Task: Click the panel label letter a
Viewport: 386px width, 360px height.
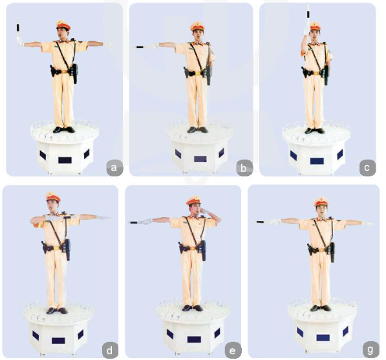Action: coord(114,168)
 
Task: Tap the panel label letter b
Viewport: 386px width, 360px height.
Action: coord(244,169)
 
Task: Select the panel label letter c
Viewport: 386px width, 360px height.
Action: coord(367,167)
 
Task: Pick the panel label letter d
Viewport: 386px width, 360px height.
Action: coord(109,350)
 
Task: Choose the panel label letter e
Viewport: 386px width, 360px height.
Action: coord(232,350)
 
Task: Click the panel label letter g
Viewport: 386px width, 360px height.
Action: coord(370,350)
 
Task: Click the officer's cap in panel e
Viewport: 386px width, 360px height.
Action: coord(193,200)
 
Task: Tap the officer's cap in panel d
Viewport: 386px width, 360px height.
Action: coord(52,197)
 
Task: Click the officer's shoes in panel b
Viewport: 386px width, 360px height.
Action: coord(197,130)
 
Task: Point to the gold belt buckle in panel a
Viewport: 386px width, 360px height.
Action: coord(65,72)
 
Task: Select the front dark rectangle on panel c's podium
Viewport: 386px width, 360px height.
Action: coord(317,161)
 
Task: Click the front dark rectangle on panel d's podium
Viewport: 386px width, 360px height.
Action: coord(58,341)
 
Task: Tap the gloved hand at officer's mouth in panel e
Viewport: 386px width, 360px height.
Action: coord(204,211)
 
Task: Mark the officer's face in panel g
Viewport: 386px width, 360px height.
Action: coord(321,210)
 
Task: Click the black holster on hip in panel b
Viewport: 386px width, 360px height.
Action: coord(186,72)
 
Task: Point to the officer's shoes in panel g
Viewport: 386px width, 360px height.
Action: coord(321,308)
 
